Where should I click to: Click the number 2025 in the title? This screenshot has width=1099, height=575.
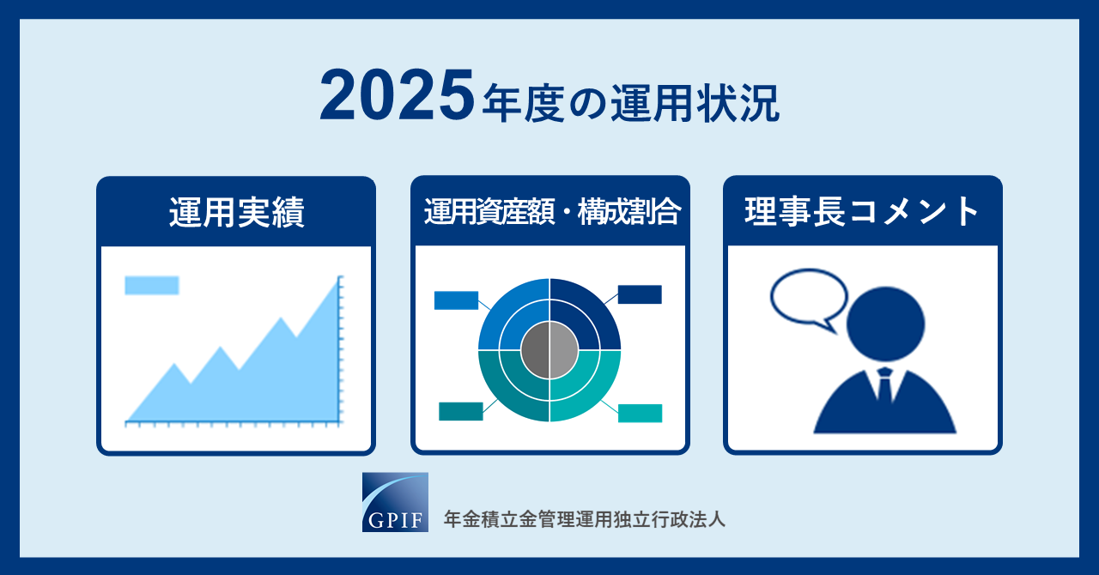pos(397,95)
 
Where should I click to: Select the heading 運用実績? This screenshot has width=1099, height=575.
pos(236,212)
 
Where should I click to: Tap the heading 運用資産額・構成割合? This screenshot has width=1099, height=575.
pos(552,211)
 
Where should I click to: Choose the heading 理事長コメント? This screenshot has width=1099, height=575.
pos(862,211)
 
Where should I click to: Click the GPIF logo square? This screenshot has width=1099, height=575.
pos(395,502)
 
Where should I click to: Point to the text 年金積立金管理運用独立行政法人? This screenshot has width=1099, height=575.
pos(585,519)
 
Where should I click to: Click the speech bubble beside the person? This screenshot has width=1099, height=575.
pos(809,299)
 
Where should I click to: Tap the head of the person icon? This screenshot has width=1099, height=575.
pos(885,324)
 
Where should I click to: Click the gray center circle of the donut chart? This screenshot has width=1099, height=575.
pos(549,350)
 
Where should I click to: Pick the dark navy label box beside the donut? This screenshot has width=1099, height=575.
pos(640,294)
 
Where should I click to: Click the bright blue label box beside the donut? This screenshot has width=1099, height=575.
pos(456,300)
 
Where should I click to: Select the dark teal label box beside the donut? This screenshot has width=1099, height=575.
pos(461,411)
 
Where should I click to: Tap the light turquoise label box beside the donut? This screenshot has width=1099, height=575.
pos(640,413)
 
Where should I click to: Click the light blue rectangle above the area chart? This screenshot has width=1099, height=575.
pos(152,285)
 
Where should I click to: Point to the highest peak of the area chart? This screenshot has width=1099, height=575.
pos(338,278)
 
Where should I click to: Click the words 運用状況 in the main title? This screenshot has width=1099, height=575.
pos(695,104)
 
